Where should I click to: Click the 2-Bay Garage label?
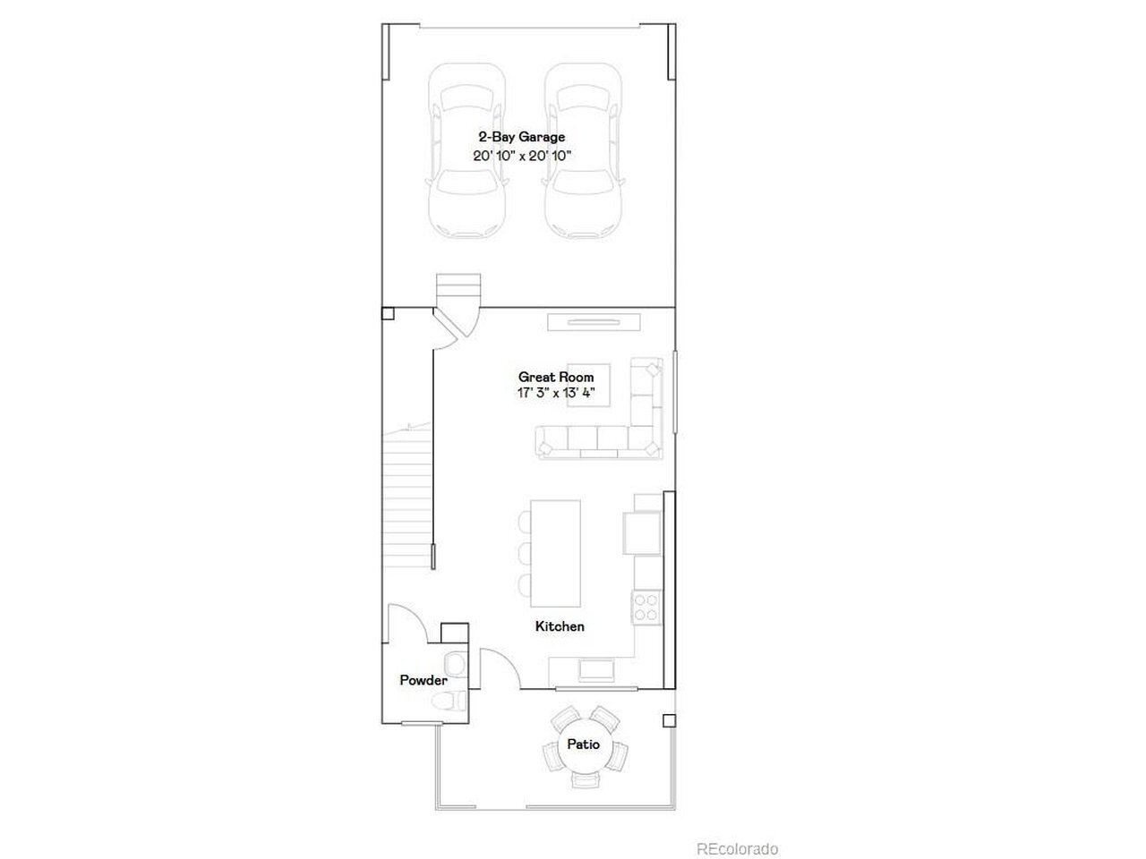coord(522,137)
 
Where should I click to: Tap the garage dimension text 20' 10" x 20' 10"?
coord(522,156)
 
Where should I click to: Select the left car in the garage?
coord(466,150)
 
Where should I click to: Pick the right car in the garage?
coord(583,150)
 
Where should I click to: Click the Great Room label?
coord(556,377)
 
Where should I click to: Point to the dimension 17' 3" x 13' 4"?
coord(556,393)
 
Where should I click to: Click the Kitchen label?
coord(560,626)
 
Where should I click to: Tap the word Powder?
coord(423,680)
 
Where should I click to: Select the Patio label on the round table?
coord(583,744)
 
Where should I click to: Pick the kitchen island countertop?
coord(555,553)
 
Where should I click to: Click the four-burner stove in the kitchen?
coord(646,607)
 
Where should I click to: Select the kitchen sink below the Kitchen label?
coord(595,670)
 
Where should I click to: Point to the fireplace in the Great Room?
coord(594,322)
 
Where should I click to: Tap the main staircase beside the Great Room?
coord(408,495)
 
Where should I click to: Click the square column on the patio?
coord(669,721)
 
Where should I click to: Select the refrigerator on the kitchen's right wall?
coord(642,532)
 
